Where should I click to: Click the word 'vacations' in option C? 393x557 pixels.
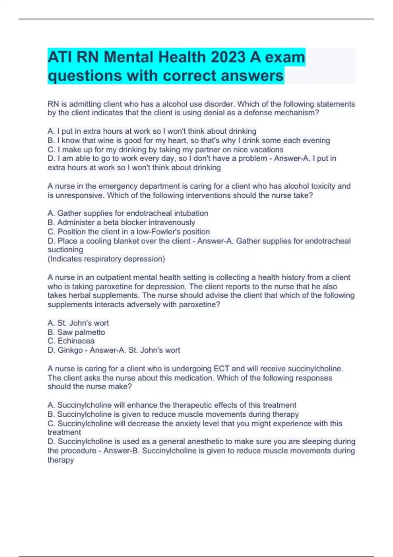[267, 150]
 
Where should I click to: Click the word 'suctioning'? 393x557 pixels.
[65, 250]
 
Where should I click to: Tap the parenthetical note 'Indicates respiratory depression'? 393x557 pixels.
[106, 259]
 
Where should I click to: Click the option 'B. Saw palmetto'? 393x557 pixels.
[76, 332]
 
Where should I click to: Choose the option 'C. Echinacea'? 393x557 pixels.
[71, 341]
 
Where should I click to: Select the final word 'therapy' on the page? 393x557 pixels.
[61, 460]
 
